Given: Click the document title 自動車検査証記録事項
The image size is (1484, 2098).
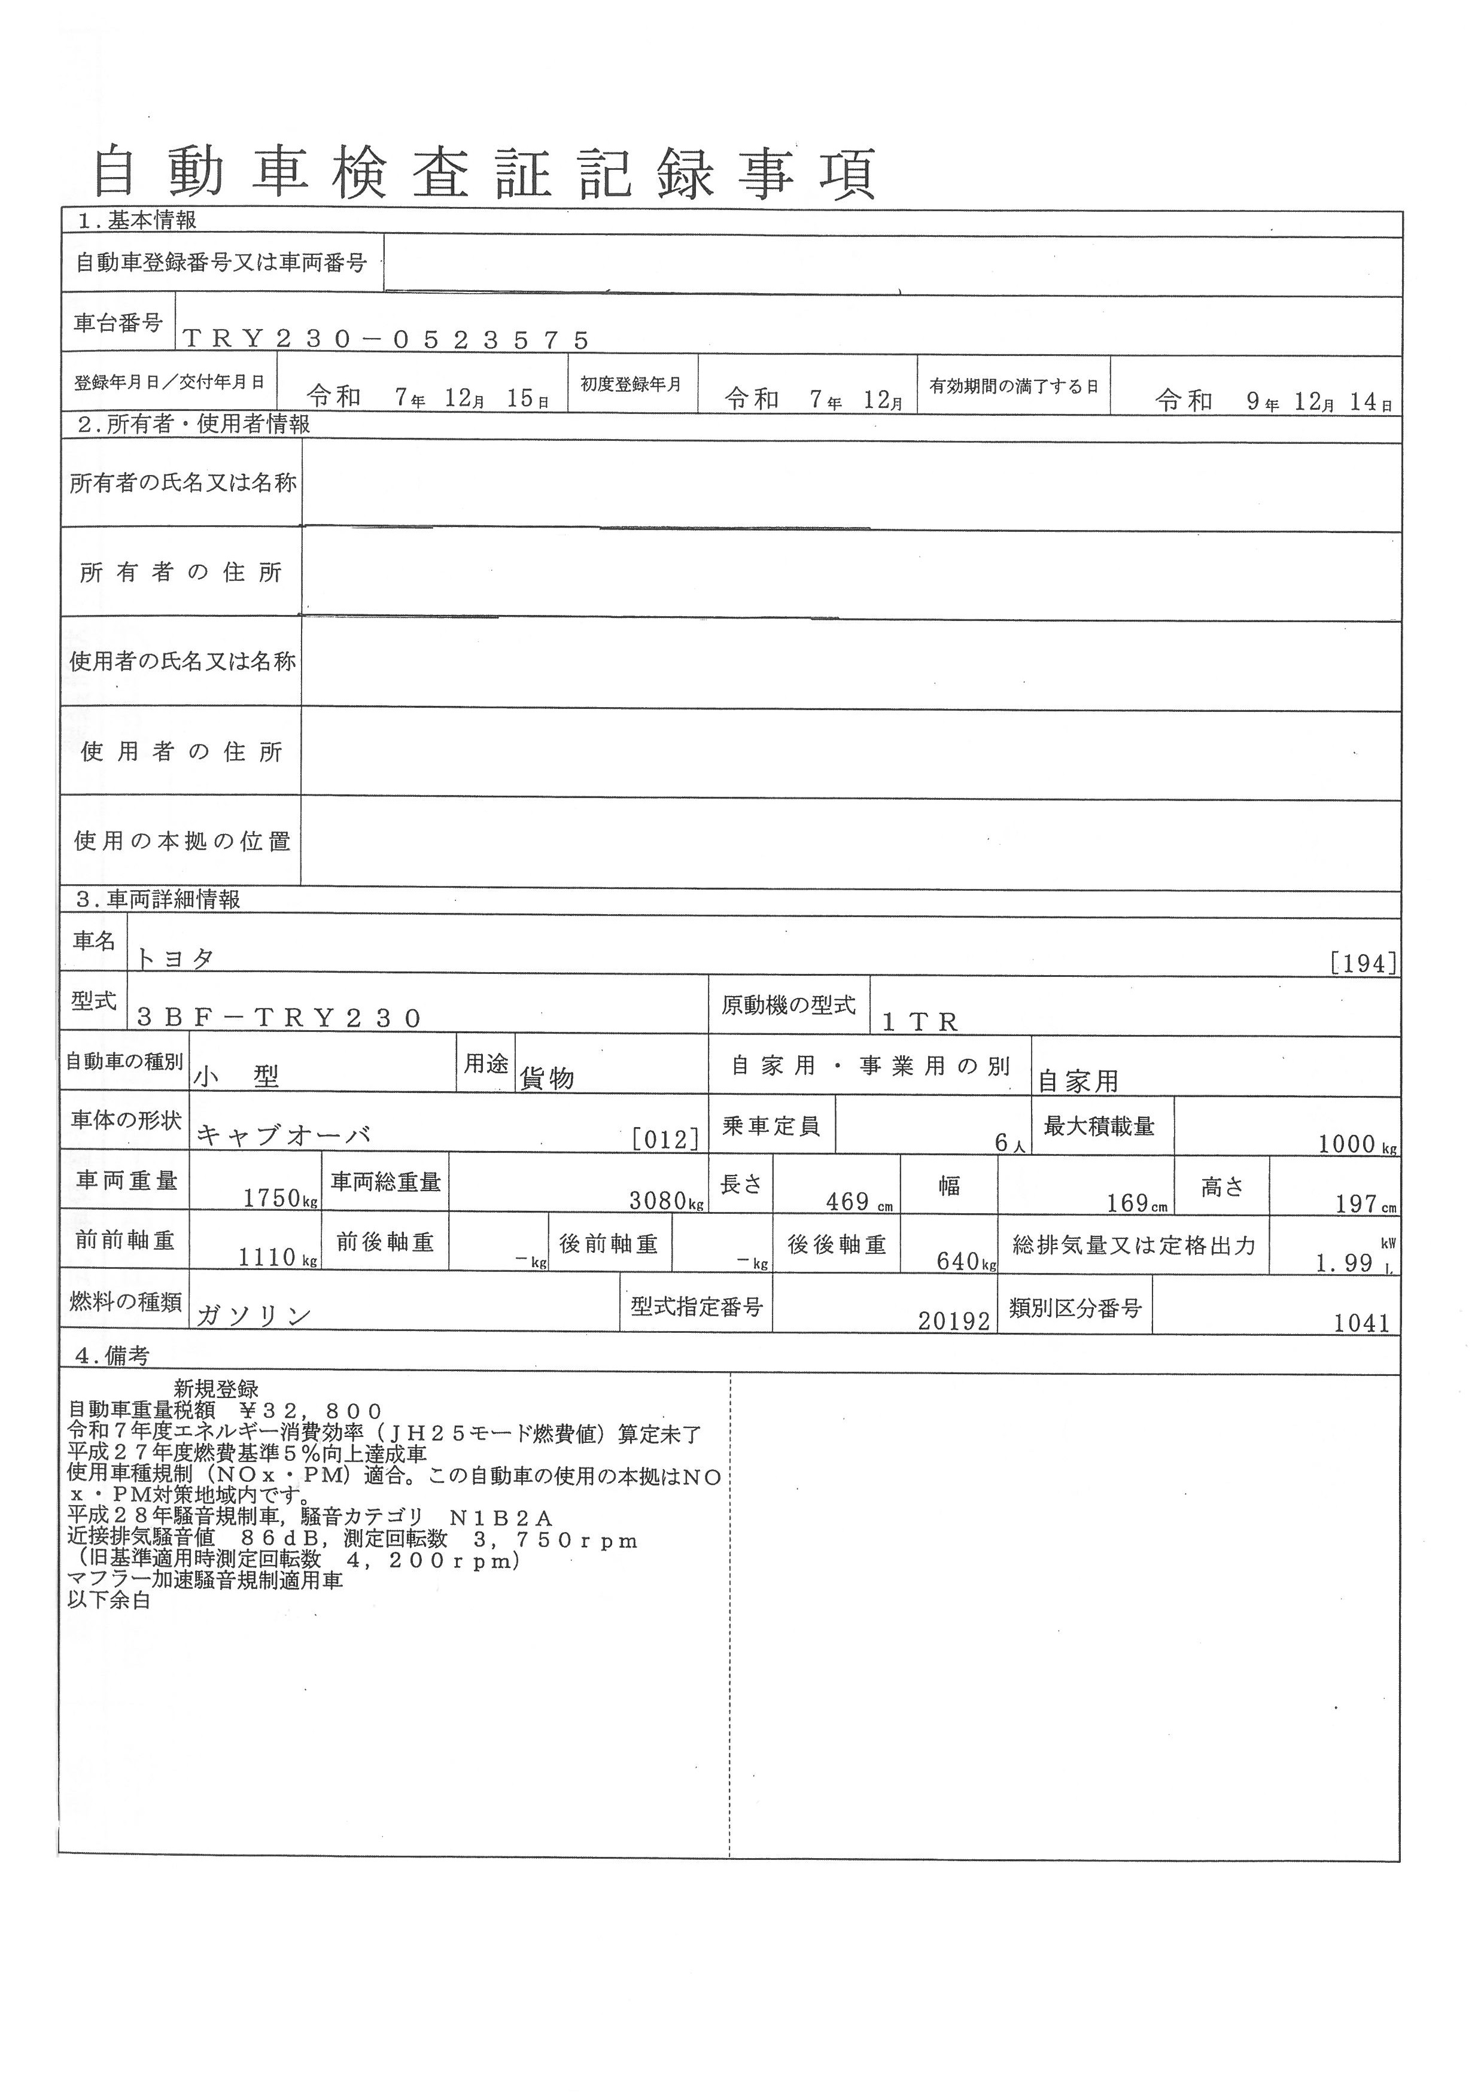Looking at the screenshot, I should click(x=484, y=173).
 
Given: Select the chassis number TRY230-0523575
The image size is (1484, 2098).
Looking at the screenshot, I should click(x=385, y=340).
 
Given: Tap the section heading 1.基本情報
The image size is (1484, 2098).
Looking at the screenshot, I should click(x=137, y=220).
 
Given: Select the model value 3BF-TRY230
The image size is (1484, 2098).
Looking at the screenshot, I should click(x=279, y=1018).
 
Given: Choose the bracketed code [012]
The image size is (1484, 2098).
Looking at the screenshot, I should click(x=666, y=1138).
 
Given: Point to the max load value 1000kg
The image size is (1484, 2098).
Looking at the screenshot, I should click(x=1357, y=1144).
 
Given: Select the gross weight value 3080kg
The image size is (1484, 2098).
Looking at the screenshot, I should click(x=667, y=1200).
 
